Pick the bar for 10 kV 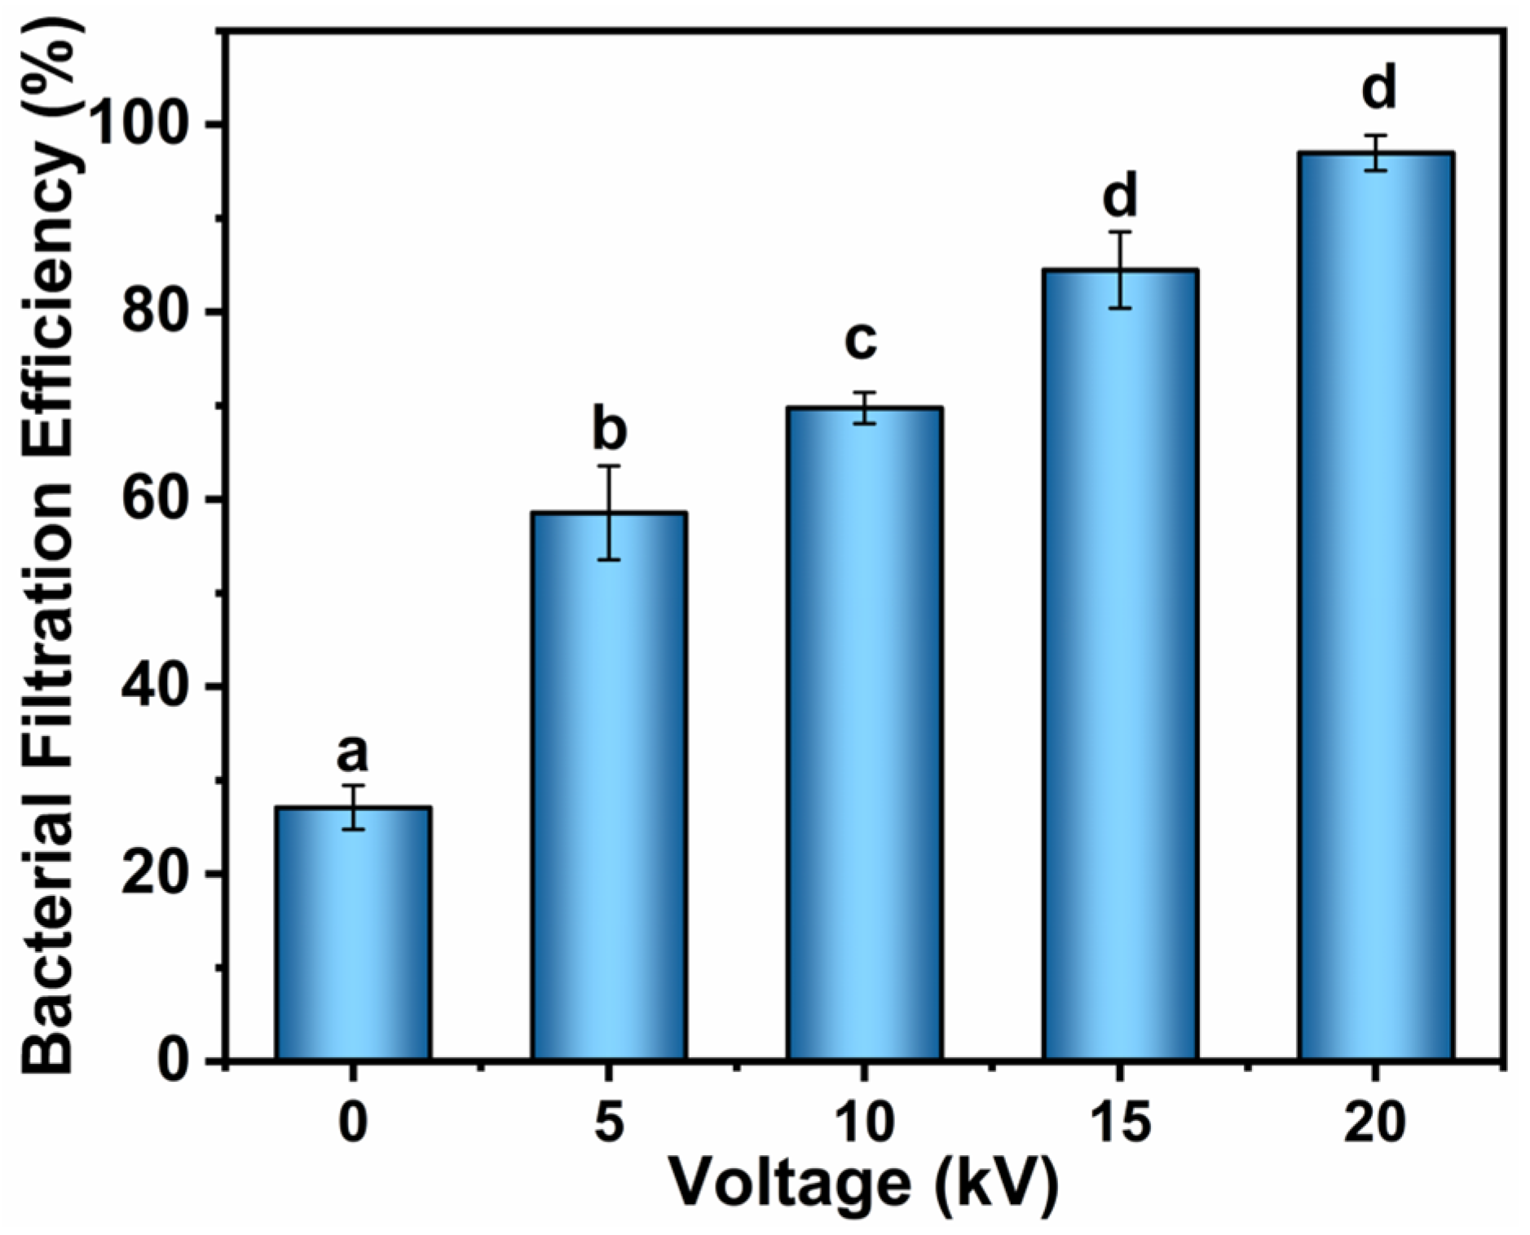(865, 734)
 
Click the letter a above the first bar (352, 753)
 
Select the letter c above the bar (861, 340)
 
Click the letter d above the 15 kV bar (1120, 196)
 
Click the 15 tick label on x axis (1120, 1123)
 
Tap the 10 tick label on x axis (863, 1123)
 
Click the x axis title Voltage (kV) (864, 1182)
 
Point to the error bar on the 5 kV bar (609, 513)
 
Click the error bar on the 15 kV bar (1120, 271)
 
